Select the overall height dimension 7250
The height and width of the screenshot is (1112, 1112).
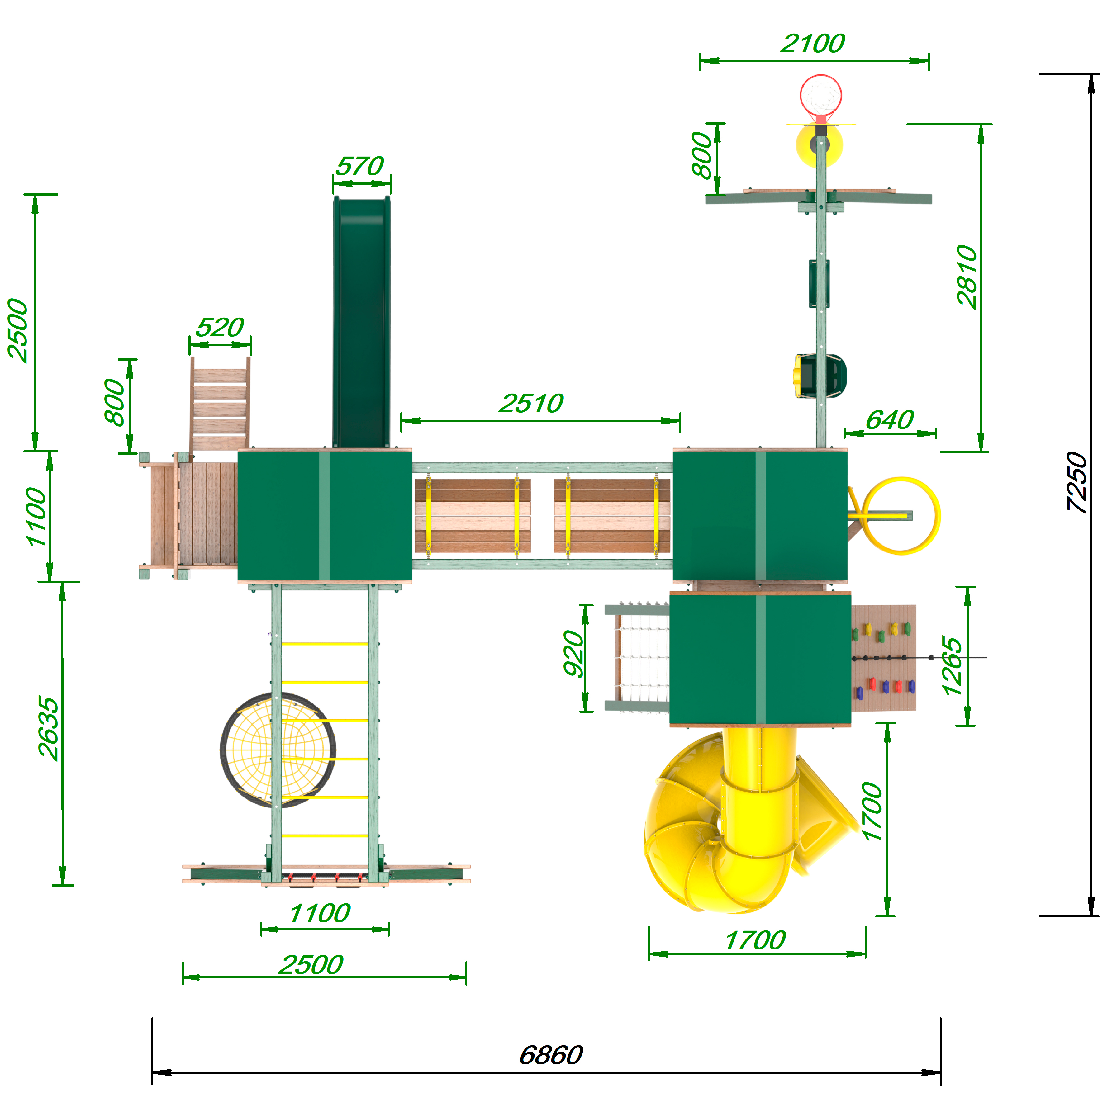1076,482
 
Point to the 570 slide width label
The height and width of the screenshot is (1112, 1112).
360,166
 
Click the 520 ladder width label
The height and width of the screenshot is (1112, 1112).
220,328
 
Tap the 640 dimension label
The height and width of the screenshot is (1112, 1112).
890,420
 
